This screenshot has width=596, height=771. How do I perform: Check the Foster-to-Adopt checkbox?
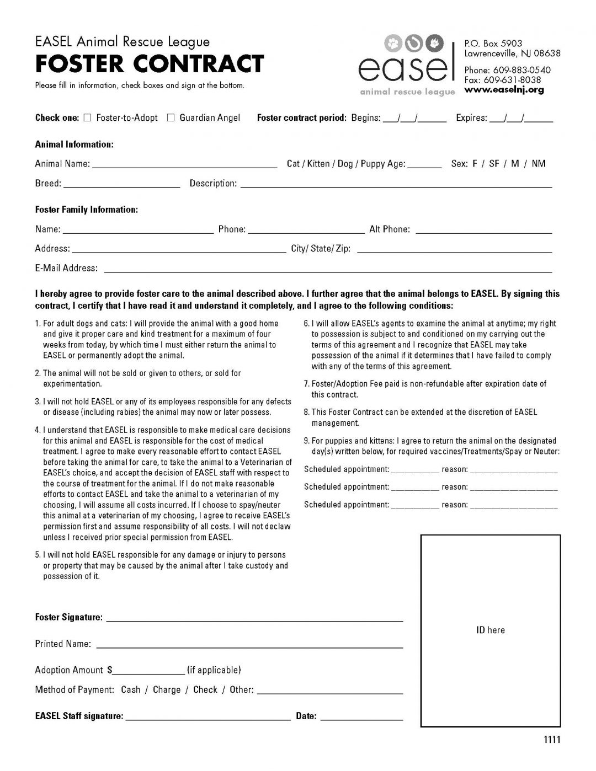click(87, 117)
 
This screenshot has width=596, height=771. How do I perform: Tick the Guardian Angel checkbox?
click(171, 117)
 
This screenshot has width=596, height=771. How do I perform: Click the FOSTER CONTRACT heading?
click(150, 64)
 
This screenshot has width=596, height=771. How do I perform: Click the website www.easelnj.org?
click(504, 90)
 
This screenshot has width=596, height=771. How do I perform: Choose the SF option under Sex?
click(494, 164)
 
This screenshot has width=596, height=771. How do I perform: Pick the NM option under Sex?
click(539, 164)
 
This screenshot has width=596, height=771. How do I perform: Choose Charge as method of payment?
click(167, 690)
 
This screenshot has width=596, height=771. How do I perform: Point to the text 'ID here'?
click(490, 630)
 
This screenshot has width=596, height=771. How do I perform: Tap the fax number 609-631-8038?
click(516, 80)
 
